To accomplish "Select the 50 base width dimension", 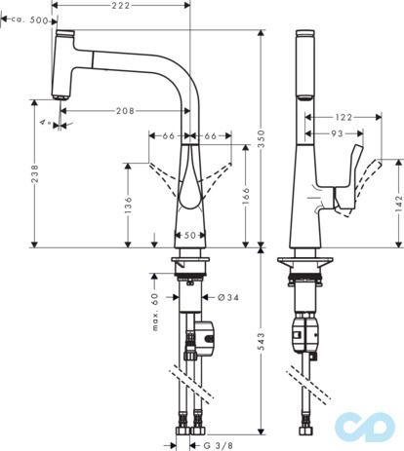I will [x=189, y=235].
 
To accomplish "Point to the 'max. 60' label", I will [x=154, y=312].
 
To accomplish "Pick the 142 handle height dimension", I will [x=396, y=205].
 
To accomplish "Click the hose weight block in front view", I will [x=206, y=335].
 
